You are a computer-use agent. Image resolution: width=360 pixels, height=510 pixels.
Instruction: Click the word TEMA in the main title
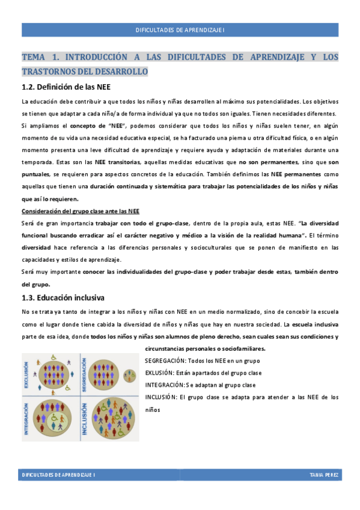coord(32,57)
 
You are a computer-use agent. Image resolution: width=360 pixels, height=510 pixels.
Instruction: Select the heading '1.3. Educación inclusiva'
coord(63,297)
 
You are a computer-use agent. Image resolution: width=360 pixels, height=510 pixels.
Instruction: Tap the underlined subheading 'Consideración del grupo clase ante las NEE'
coord(81,211)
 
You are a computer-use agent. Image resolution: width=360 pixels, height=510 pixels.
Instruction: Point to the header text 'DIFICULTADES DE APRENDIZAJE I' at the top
coord(180,29)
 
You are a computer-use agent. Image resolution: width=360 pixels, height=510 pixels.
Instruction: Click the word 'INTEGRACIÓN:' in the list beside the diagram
coord(165,385)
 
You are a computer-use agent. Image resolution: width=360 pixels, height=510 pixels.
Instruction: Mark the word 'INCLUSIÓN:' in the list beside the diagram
coord(160,397)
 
